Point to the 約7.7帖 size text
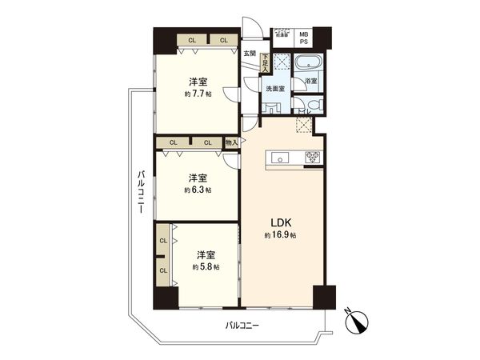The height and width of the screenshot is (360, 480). (x=197, y=94)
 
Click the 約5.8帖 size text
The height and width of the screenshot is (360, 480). (x=205, y=266)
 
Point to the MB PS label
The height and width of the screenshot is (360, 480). (x=304, y=38)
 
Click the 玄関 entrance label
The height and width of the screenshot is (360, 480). (x=250, y=54)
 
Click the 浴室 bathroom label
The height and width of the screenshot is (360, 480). (x=309, y=81)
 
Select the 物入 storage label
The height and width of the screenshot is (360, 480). (x=231, y=142)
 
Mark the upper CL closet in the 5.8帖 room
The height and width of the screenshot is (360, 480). (x=162, y=240)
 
